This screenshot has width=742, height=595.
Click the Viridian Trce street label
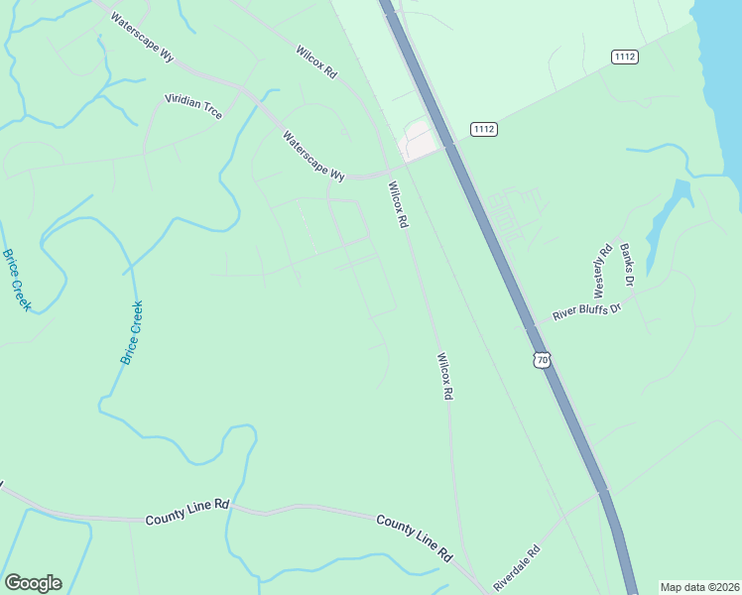(x=193, y=108)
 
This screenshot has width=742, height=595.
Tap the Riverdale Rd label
(x=517, y=566)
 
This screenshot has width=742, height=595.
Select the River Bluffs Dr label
(x=585, y=310)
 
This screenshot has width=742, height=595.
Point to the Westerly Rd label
(x=601, y=272)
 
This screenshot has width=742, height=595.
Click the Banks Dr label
(x=626, y=265)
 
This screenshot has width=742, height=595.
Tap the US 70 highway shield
(x=541, y=359)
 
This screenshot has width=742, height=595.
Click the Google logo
(x=33, y=583)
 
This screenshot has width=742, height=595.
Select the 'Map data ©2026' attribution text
(x=699, y=587)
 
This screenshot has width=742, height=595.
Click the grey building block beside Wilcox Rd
(x=420, y=143)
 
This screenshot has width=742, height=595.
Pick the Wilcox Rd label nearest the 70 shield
(x=445, y=376)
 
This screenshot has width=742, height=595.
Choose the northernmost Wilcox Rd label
(x=317, y=61)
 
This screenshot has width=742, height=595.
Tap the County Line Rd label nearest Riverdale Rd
(x=414, y=536)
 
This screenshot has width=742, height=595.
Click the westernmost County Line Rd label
(x=186, y=512)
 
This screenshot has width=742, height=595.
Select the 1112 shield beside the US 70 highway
(x=484, y=129)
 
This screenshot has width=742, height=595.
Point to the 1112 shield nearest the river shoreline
(x=625, y=57)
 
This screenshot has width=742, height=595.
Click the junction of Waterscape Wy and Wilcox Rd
(x=388, y=171)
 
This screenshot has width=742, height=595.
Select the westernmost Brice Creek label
(x=17, y=280)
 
